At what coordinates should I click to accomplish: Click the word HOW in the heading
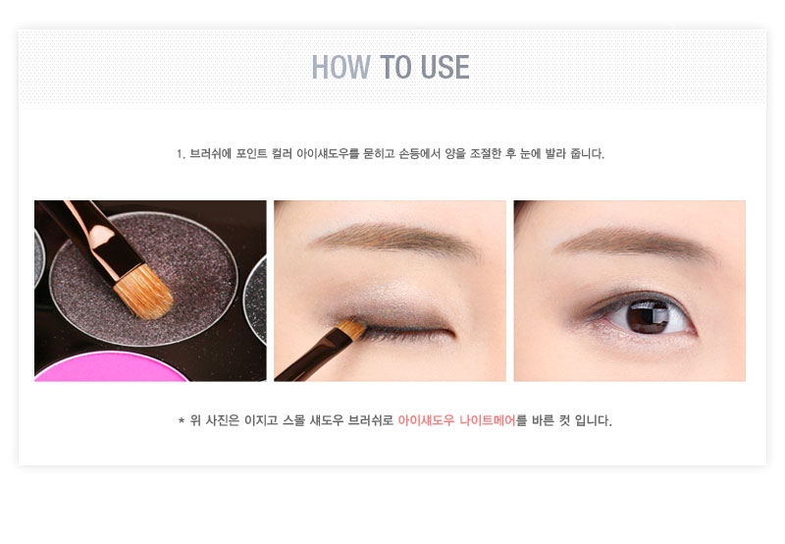tap(340, 67)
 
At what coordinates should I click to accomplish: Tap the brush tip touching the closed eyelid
tap(352, 329)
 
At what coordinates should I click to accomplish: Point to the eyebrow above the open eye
tap(636, 242)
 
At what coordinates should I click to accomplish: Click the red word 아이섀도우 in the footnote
tap(426, 420)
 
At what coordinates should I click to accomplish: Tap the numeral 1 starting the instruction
tap(180, 154)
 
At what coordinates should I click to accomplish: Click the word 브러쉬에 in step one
tap(210, 154)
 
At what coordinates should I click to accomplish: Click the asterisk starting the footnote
tap(182, 420)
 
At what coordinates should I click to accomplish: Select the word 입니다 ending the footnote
tap(594, 420)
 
